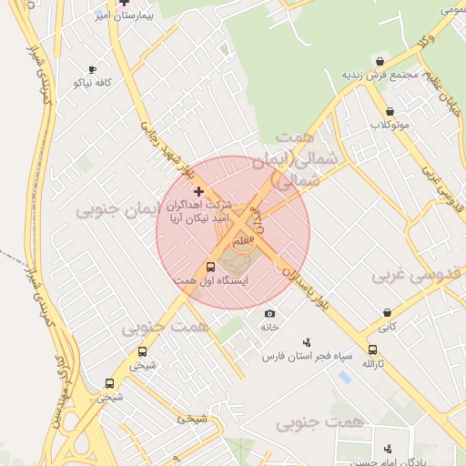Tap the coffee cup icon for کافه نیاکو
pyautogui.click(x=92, y=69)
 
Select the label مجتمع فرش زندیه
pyautogui.click(x=380, y=74)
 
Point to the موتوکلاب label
pyautogui.click(x=390, y=124)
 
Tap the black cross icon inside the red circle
pyautogui.click(x=198, y=191)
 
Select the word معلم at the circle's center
pyautogui.click(x=243, y=241)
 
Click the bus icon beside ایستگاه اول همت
pyautogui.click(x=210, y=268)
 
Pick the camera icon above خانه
pyautogui.click(x=269, y=313)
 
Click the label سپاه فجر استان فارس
pyautogui.click(x=307, y=356)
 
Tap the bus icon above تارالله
pyautogui.click(x=372, y=349)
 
